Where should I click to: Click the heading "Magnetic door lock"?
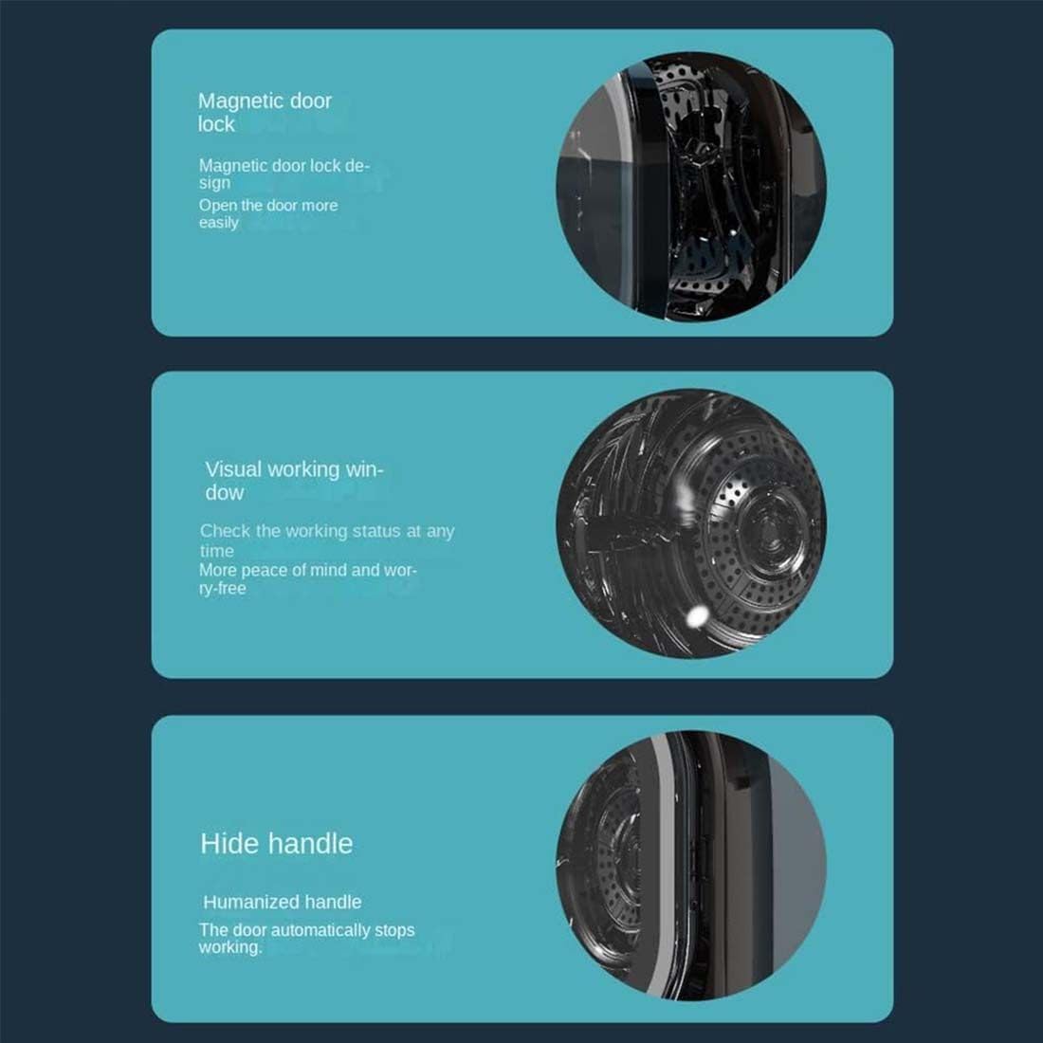pyautogui.click(x=265, y=112)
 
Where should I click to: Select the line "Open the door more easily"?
pyautogui.click(x=267, y=213)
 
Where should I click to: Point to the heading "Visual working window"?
pyautogui.click(x=294, y=480)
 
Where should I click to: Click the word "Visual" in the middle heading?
pyautogui.click(x=233, y=469)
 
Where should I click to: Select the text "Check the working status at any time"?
pyautogui.click(x=326, y=540)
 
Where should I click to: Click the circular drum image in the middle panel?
pyautogui.click(x=690, y=523)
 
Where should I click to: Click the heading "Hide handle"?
pyautogui.click(x=276, y=843)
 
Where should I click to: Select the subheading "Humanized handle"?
pyautogui.click(x=282, y=902)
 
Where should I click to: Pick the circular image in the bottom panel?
pyautogui.click(x=690, y=864)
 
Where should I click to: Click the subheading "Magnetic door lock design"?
pyautogui.click(x=284, y=174)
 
